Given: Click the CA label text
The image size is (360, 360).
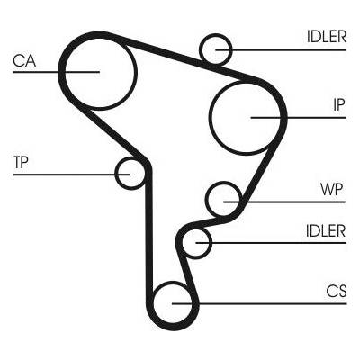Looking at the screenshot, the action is (x=24, y=60).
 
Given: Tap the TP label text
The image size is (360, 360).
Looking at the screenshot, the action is (x=21, y=162).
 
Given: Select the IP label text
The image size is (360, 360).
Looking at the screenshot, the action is (x=339, y=104).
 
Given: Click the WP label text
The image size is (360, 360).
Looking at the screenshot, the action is (x=332, y=189).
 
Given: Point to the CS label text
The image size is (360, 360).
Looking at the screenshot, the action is (x=337, y=291).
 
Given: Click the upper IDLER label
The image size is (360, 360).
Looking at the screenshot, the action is (x=327, y=37).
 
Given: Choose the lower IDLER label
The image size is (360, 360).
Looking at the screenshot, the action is (x=326, y=230).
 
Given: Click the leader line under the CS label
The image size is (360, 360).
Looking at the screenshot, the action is (x=259, y=303).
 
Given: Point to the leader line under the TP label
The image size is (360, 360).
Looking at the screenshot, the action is (x=72, y=174).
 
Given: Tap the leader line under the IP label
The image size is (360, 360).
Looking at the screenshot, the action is (x=299, y=117).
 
